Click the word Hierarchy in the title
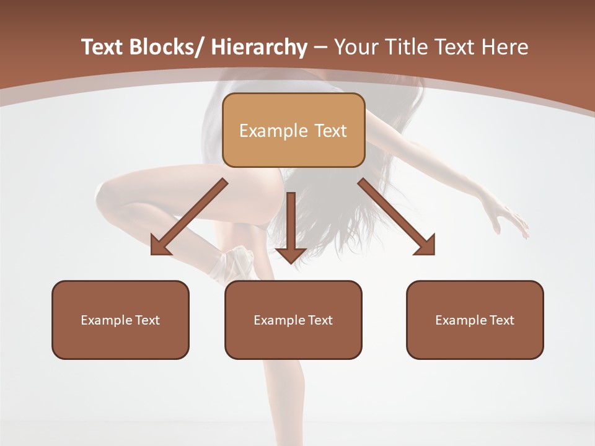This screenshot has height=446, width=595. click(259, 47)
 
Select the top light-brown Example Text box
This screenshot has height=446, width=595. click(293, 130)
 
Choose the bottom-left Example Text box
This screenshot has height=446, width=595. click(120, 320)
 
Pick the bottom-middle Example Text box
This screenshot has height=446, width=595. click(293, 320)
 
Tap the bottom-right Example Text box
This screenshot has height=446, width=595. click(475, 320)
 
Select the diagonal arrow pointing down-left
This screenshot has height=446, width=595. click(188, 217)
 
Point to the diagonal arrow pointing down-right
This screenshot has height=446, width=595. click(397, 217)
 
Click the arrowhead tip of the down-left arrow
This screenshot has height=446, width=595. click(152, 253)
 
